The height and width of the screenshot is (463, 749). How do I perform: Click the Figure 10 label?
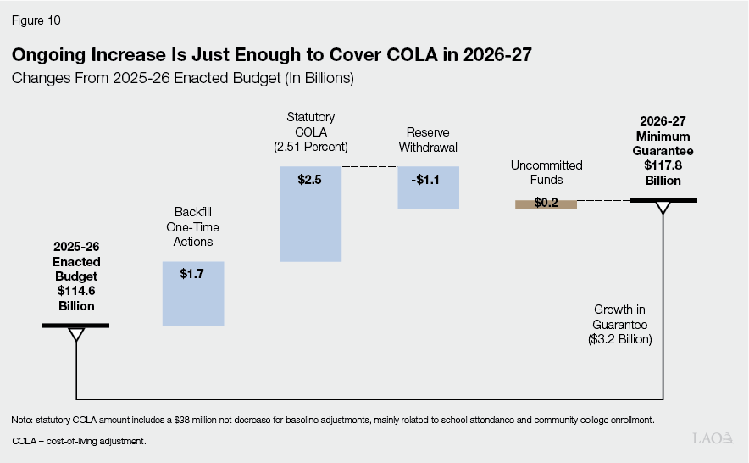36,20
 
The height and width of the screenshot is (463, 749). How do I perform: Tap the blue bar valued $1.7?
192,293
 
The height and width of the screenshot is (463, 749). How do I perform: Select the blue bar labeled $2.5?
311,214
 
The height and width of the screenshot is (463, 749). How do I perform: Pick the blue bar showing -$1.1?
428,187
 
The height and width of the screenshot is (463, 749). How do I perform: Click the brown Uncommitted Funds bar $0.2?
546,204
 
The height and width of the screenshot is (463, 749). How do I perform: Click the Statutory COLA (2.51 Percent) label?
311,132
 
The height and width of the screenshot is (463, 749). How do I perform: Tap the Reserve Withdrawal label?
428,139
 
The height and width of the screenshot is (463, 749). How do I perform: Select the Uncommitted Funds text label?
546,173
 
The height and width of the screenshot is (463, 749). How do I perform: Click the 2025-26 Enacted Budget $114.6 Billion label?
76,276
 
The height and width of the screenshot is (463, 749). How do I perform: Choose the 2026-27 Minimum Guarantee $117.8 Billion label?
663,151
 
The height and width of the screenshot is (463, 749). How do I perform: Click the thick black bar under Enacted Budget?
76,326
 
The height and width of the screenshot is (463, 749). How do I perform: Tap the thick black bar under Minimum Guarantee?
663,200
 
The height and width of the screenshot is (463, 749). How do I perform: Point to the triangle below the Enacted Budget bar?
76,334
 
